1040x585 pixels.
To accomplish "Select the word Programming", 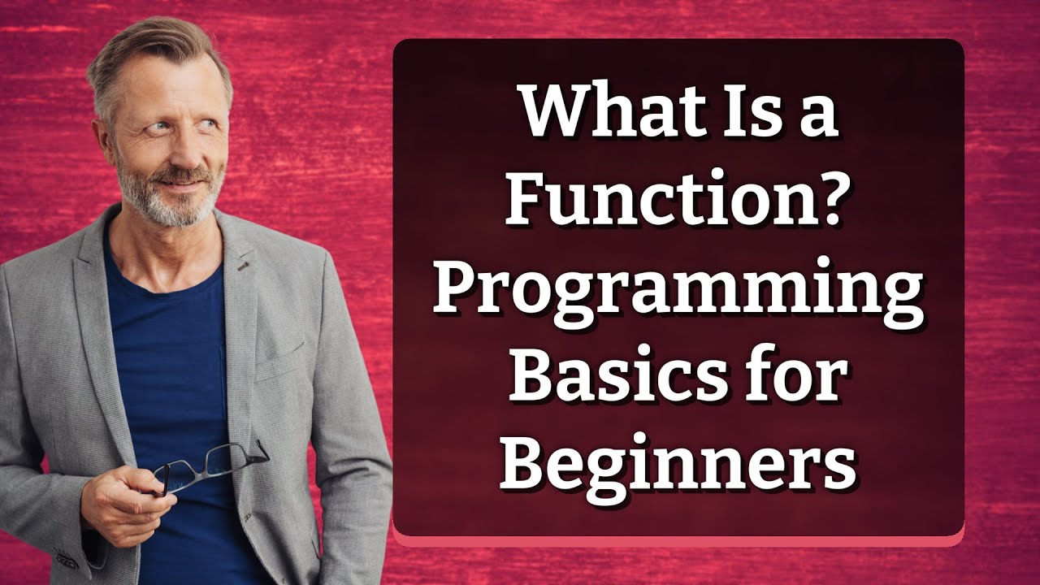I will [678, 292].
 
